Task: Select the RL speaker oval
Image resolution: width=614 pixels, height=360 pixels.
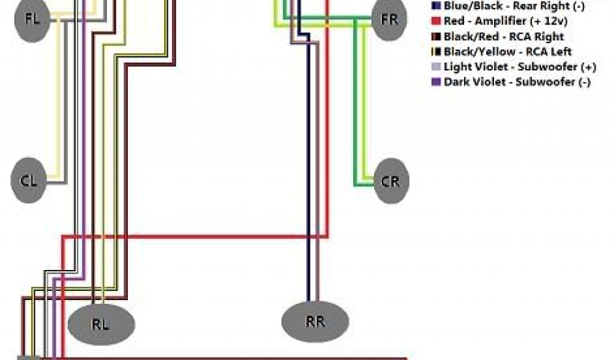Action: pyautogui.click(x=101, y=325)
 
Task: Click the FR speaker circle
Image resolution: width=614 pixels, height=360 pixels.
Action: pyautogui.click(x=389, y=19)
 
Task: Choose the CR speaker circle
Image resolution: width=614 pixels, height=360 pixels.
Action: pyautogui.click(x=390, y=181)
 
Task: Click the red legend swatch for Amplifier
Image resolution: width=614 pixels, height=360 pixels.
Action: pyautogui.click(x=435, y=21)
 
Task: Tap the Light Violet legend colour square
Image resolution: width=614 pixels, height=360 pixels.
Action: pyautogui.click(x=435, y=67)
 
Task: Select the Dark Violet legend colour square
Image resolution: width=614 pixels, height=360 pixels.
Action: pyautogui.click(x=435, y=82)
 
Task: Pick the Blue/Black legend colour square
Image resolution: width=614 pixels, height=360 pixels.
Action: pyautogui.click(x=435, y=6)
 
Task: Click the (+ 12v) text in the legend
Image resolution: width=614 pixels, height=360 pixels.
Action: pyautogui.click(x=549, y=21)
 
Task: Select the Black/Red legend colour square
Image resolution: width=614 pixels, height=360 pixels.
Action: pyautogui.click(x=435, y=37)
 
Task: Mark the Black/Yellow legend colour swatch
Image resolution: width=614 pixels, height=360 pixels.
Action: pyautogui.click(x=435, y=52)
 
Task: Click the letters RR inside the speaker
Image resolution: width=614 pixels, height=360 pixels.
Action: pyautogui.click(x=315, y=322)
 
